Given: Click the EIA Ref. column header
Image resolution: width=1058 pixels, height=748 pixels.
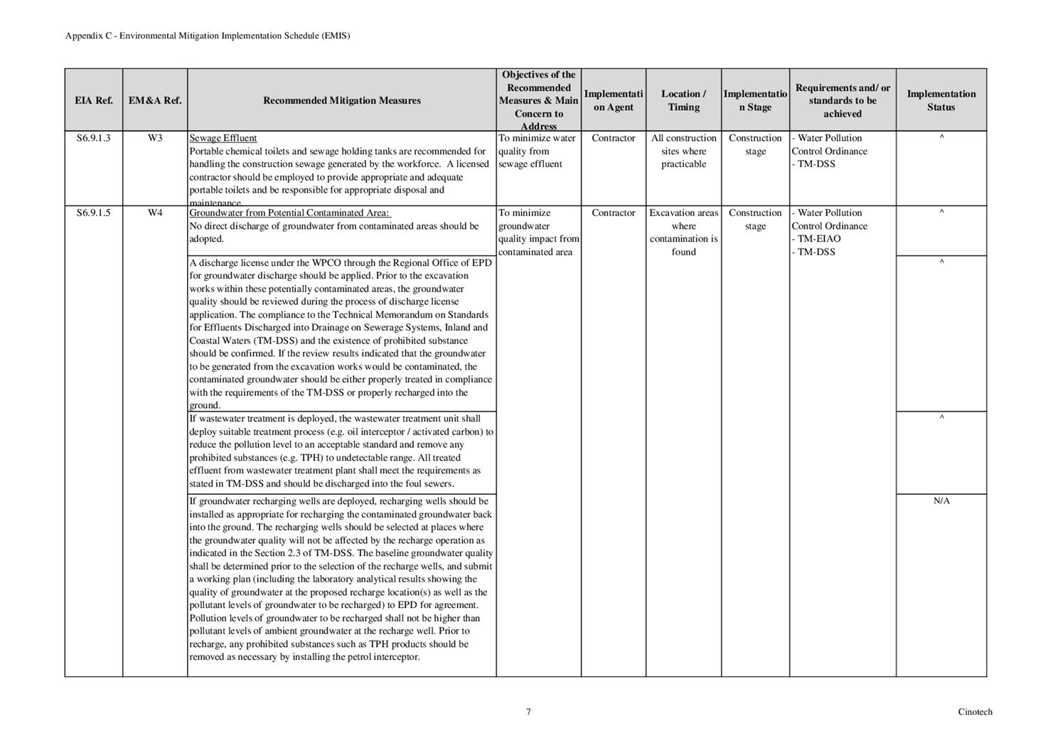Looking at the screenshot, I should pyautogui.click(x=93, y=100).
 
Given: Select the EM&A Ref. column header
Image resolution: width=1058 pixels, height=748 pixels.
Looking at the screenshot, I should pyautogui.click(x=155, y=100).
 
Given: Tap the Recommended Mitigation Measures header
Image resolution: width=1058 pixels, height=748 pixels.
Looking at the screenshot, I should pyautogui.click(x=341, y=100).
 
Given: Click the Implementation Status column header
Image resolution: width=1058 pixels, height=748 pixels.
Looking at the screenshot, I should pyautogui.click(x=941, y=100).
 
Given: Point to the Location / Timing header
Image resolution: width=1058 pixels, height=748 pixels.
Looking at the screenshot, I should pyautogui.click(x=683, y=100).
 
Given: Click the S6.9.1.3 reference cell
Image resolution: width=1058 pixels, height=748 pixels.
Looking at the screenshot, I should pyautogui.click(x=93, y=138).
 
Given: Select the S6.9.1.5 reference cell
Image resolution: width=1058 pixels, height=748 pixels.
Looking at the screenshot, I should pyautogui.click(x=93, y=213).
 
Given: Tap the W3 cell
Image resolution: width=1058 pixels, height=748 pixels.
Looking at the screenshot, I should pyautogui.click(x=155, y=138).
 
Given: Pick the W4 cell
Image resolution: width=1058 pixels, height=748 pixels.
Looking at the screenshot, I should pyautogui.click(x=155, y=213).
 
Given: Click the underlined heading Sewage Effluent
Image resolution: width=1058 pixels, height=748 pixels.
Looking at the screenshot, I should pyautogui.click(x=223, y=138).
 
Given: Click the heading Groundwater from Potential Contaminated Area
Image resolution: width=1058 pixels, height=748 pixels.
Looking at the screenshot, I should pyautogui.click(x=289, y=213).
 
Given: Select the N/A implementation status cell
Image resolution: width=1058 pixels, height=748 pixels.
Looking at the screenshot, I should pyautogui.click(x=941, y=501).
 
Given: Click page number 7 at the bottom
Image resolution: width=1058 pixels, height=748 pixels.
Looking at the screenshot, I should pyautogui.click(x=528, y=712).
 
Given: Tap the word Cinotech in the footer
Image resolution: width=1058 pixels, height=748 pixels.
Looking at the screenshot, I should pyautogui.click(x=975, y=712).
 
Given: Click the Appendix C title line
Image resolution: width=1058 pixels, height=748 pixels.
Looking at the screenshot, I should pyautogui.click(x=208, y=36).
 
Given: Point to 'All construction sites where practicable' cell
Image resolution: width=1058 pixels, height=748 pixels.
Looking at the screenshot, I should pyautogui.click(x=683, y=151).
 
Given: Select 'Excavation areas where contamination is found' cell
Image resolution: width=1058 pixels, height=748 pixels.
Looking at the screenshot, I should pyautogui.click(x=683, y=232).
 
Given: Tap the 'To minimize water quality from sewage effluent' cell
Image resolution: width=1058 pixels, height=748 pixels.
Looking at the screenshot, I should pyautogui.click(x=538, y=151).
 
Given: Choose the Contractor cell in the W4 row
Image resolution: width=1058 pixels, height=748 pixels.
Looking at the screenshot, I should pyautogui.click(x=613, y=213).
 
